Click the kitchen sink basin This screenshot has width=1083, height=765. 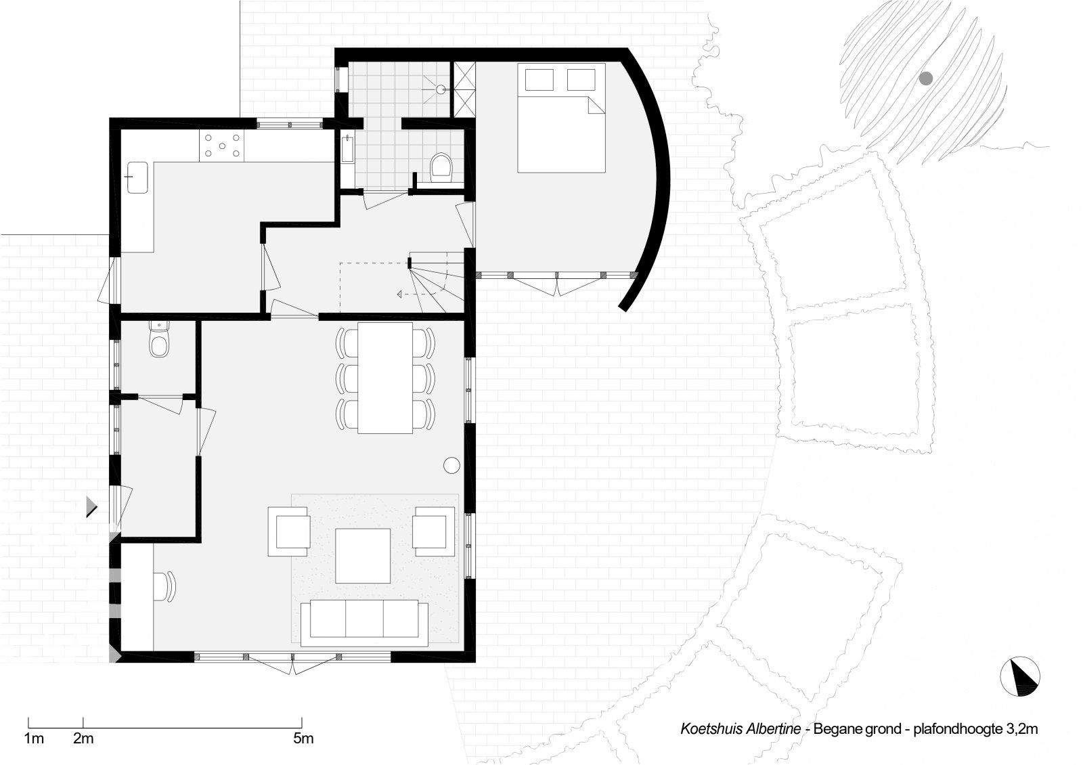click(137, 177)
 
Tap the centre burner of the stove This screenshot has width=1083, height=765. click(222, 146)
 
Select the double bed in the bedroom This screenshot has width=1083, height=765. click(561, 118)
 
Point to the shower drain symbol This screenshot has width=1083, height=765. click(441, 89)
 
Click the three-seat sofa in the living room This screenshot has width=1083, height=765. click(364, 624)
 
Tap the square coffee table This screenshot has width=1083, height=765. click(363, 556)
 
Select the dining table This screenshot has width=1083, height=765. click(385, 378)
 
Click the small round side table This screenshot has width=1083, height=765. click(451, 465)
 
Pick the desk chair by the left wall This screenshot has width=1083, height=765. click(165, 586)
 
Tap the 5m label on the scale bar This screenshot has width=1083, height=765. click(303, 739)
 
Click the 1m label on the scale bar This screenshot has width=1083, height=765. click(34, 739)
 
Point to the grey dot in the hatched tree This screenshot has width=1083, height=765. click(925, 79)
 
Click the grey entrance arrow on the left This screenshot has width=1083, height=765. click(91, 506)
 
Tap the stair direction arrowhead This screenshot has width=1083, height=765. click(399, 294)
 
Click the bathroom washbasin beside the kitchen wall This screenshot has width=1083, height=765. click(348, 150)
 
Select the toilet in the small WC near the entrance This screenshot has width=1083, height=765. click(158, 340)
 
